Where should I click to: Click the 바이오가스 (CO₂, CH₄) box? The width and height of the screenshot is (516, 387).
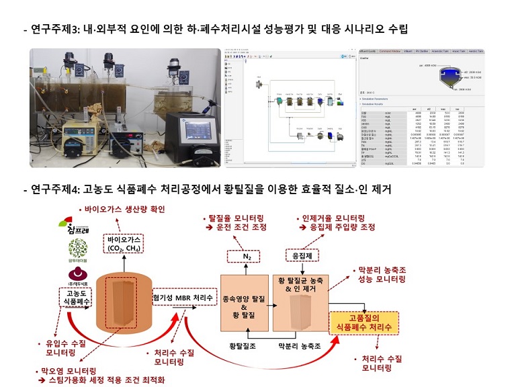(124, 243)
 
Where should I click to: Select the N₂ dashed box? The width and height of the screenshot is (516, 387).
(247, 256)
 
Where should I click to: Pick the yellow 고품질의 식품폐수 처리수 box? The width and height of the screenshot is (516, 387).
(364, 321)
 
